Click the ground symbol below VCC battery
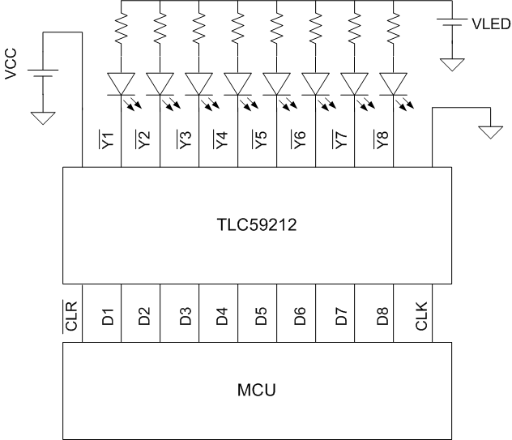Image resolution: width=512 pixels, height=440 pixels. pyautogui.click(x=42, y=117)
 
